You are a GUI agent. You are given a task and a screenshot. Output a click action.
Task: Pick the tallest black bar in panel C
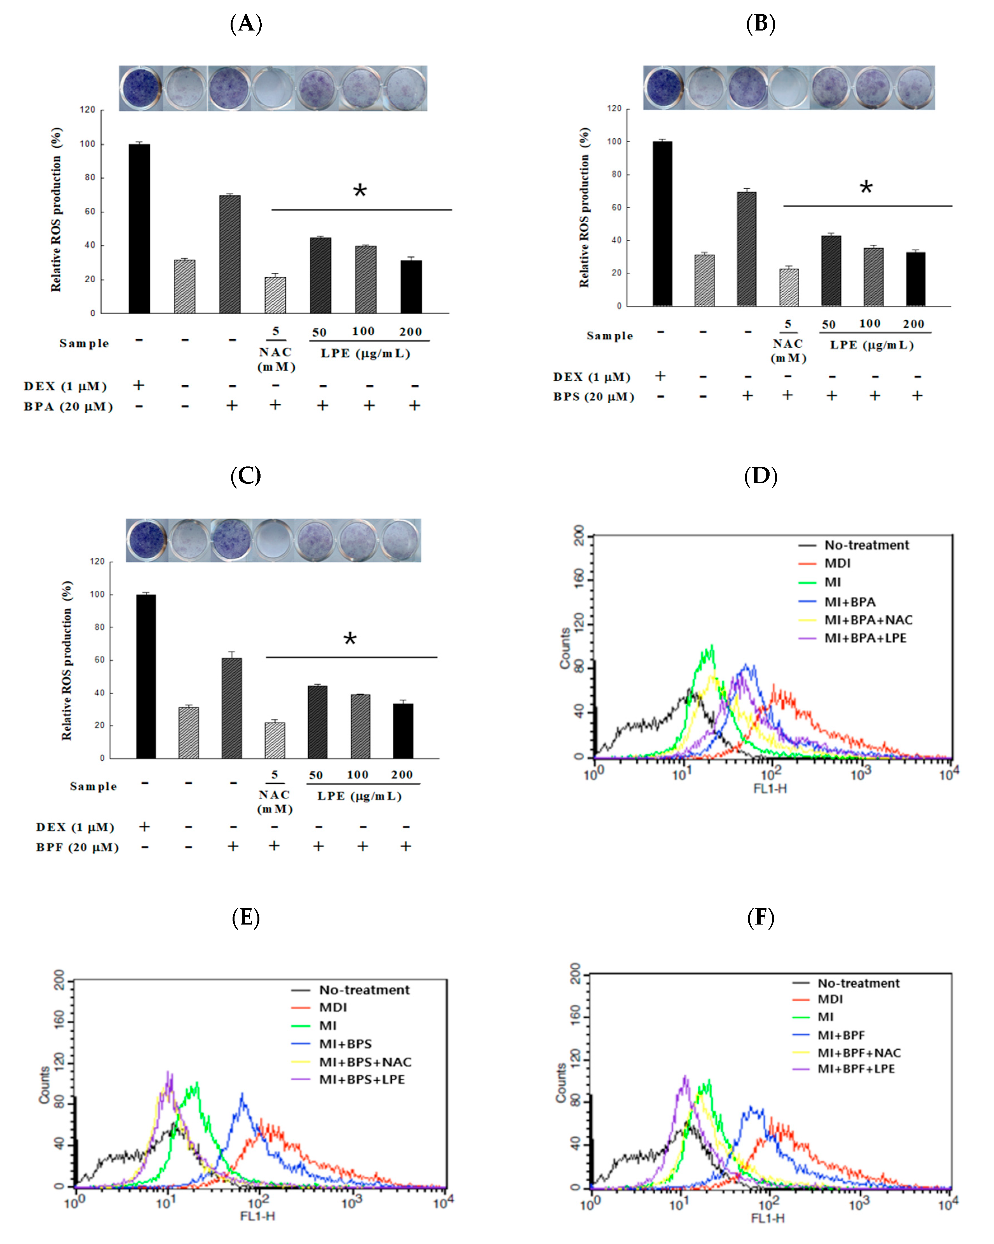pos(146,676)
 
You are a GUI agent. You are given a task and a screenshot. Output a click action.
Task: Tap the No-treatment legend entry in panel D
pos(866,545)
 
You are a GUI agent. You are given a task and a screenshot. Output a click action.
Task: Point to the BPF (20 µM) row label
pos(77,847)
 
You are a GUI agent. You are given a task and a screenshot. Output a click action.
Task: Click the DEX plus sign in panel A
pos(138,385)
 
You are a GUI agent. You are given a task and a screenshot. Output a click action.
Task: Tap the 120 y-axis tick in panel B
pos(615,108)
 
